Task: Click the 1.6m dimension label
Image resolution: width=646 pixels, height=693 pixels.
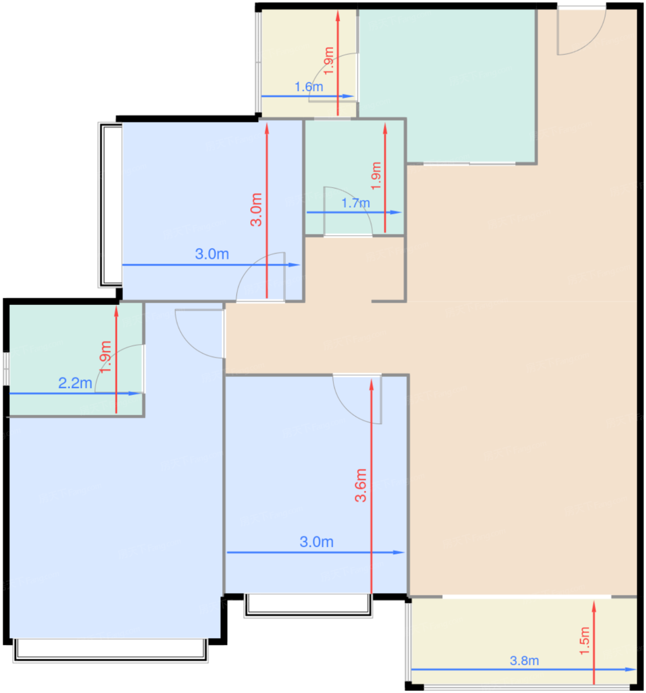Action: point(309,87)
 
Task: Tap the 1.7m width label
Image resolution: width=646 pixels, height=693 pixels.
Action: point(356,203)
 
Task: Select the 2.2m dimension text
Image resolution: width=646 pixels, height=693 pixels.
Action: point(75,383)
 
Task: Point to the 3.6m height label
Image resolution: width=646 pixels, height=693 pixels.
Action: point(361,486)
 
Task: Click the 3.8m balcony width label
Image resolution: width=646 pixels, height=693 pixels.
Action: point(524,660)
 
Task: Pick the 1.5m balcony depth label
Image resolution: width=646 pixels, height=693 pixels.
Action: point(585,641)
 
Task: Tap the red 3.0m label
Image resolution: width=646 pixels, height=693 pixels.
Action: point(256,209)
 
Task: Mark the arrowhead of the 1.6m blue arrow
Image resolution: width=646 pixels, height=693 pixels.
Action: point(348,97)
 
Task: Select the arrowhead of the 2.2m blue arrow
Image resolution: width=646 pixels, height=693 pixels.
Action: point(135,393)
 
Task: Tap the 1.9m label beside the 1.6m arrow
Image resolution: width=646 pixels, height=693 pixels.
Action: point(328,61)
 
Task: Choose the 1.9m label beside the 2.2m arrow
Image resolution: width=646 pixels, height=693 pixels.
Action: point(105,356)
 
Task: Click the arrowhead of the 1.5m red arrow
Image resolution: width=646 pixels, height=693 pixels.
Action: point(594,606)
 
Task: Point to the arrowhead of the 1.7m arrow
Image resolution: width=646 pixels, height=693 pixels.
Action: point(396,212)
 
